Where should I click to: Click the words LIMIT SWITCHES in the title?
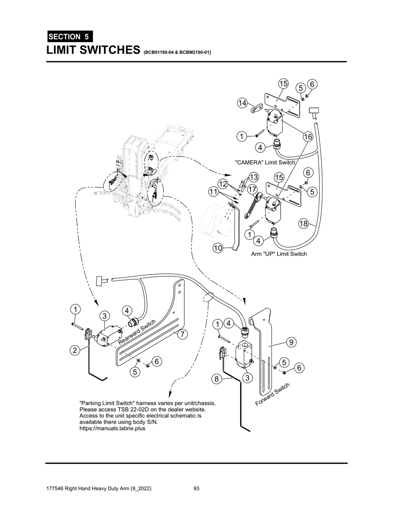point(92,50)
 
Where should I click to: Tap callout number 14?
point(242,103)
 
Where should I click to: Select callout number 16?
point(308,137)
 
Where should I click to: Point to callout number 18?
point(304,224)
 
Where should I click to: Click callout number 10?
point(218,248)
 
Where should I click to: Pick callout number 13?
point(254,177)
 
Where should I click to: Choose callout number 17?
point(252,189)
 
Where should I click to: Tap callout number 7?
point(183,334)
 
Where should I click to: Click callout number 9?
point(291,342)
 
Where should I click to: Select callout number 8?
point(216,379)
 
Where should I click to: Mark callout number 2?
point(75,350)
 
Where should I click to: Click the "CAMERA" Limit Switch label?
point(265,162)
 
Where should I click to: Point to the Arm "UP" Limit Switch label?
point(279,254)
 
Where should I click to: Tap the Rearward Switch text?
point(137,332)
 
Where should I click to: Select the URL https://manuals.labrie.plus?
point(112,428)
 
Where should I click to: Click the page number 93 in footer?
point(196,489)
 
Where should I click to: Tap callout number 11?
point(214,191)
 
